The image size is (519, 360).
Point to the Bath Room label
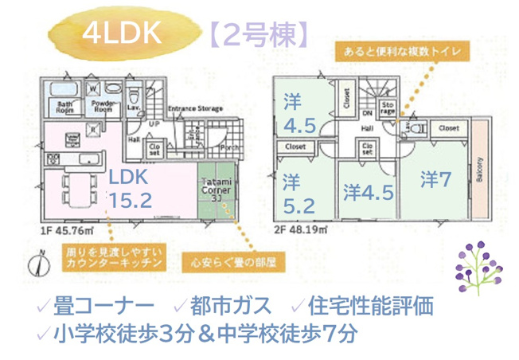[x=65, y=108]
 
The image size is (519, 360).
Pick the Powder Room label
[x=100, y=108]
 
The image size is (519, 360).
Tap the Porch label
[x=228, y=147]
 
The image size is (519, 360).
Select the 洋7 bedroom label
[x=435, y=180]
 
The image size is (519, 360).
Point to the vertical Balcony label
[x=480, y=170]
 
